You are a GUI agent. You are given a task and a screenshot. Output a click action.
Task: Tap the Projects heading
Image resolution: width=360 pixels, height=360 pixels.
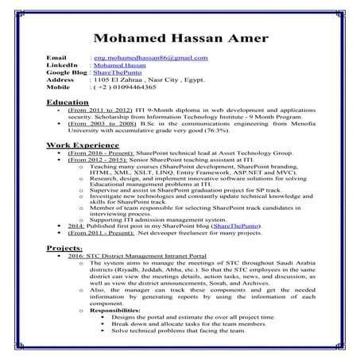[65, 249]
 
